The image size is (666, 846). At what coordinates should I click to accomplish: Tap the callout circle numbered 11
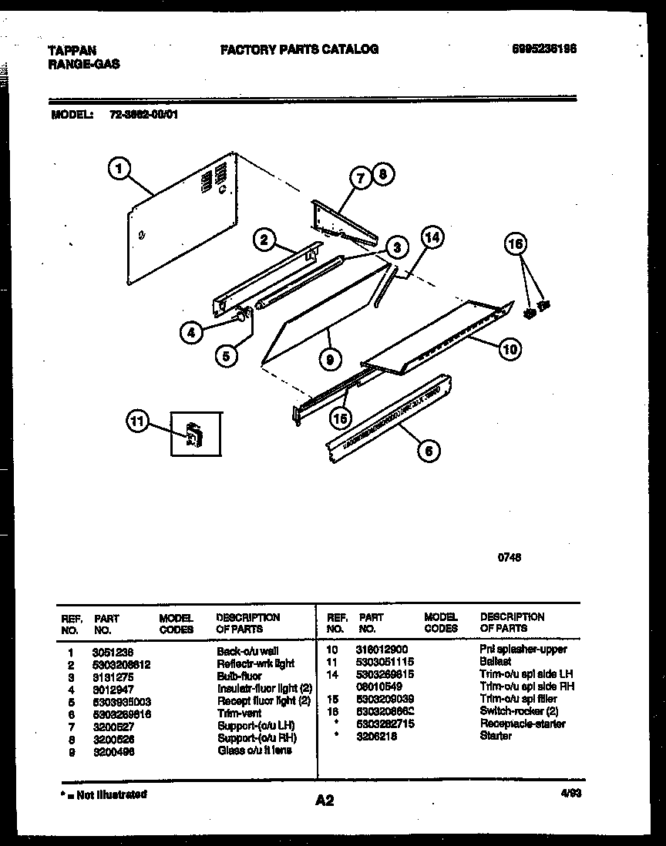click(136, 421)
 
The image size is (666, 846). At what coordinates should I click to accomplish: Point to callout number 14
click(432, 237)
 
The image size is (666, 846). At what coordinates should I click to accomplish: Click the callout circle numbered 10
click(510, 350)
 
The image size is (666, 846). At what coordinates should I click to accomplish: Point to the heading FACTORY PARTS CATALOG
click(299, 49)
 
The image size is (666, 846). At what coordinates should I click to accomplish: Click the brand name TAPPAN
click(72, 51)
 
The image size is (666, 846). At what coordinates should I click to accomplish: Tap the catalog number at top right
click(544, 49)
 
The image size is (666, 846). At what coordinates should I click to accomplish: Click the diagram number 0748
click(510, 558)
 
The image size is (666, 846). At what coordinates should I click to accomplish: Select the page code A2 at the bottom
click(325, 801)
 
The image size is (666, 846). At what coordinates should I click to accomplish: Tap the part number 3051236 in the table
click(113, 651)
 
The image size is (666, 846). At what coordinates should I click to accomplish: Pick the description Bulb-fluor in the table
click(240, 676)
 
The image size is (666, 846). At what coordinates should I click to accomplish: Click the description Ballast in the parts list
click(495, 662)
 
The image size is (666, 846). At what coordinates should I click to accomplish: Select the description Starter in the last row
click(496, 736)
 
